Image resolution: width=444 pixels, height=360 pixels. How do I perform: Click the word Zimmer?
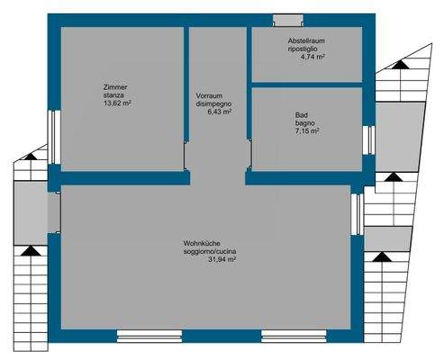click(116, 87)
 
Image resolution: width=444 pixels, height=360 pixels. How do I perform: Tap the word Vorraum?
click(210, 95)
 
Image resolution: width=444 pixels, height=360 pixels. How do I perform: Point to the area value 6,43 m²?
click(213, 112)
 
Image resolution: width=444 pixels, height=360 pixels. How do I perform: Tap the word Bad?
click(302, 114)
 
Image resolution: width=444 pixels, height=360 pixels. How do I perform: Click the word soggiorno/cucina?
click(210, 251)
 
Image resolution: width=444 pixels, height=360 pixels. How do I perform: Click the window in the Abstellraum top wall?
click(290, 21)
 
